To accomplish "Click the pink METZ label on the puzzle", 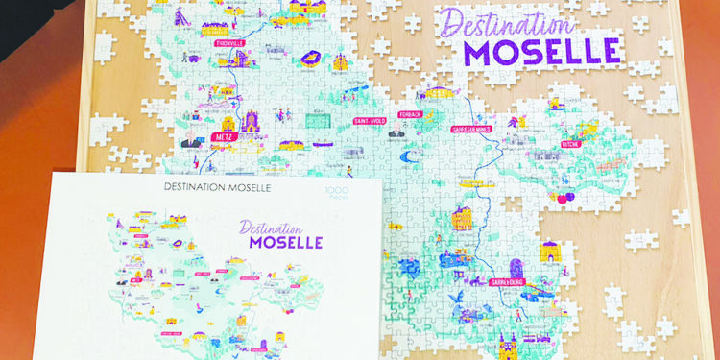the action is click(226, 137).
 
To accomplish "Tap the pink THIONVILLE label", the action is click(222, 42).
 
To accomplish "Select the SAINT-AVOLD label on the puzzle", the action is click(371, 121).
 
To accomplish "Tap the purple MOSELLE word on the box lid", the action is click(285, 241).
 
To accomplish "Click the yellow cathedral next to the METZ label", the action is click(252, 123).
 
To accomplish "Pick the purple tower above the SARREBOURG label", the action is click(516, 266).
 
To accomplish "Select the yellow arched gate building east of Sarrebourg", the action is click(549, 252).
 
